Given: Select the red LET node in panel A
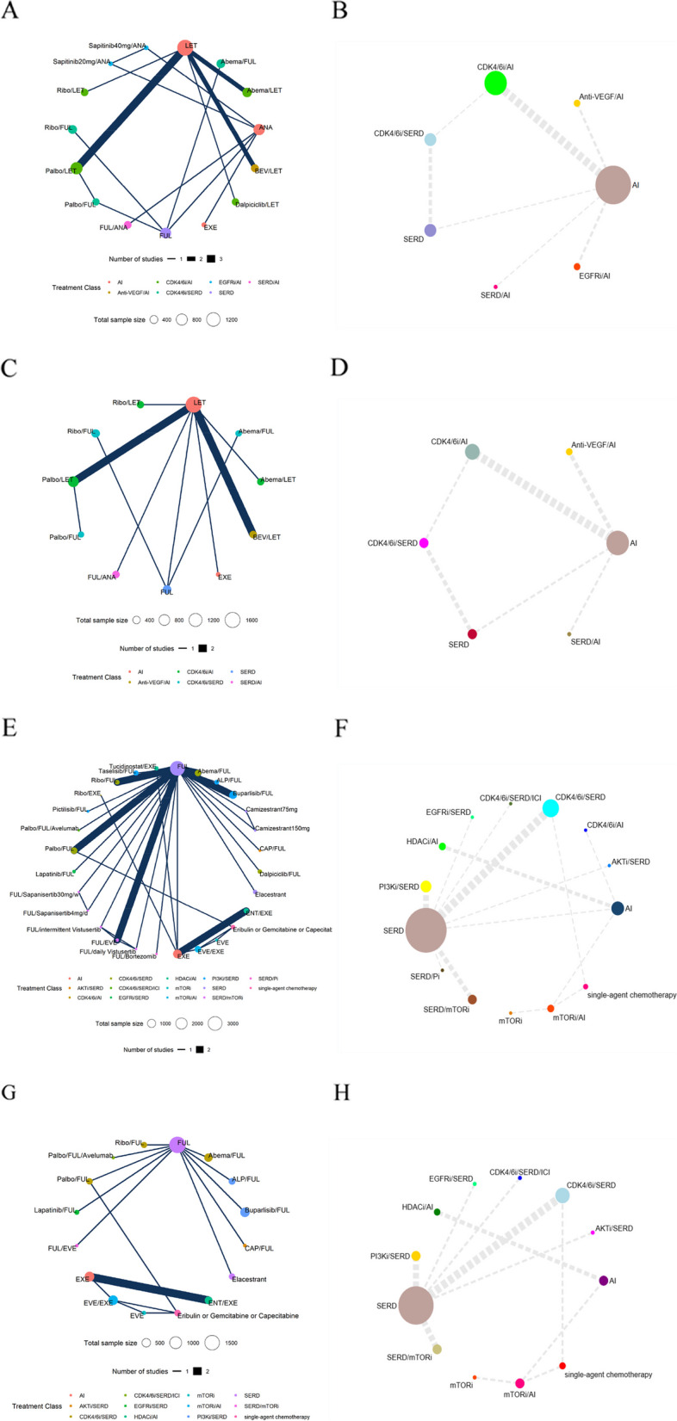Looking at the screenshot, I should [x=184, y=48].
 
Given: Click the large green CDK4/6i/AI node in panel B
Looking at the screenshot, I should [x=495, y=83].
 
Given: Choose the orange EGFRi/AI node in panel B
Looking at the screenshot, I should [x=577, y=267].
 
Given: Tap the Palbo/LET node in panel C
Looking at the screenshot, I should [x=73, y=481].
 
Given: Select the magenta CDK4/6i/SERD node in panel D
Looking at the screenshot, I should [x=424, y=543].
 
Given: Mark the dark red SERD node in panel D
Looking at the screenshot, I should [x=472, y=634].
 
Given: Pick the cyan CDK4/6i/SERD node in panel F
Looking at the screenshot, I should [x=550, y=808].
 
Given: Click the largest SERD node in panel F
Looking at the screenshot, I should [x=425, y=930].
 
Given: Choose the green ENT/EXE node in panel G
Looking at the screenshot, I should [x=208, y=1300].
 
